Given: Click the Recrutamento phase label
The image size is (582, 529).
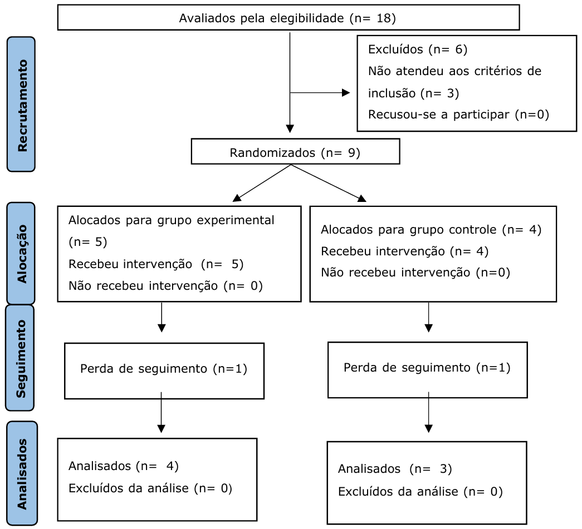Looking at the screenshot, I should tap(21, 103).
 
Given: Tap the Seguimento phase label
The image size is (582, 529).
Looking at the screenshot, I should tap(21, 358).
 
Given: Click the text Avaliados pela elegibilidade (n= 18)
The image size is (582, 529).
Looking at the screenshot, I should tap(287, 18).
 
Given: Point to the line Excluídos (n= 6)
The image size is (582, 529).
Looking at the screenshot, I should tap(417, 50).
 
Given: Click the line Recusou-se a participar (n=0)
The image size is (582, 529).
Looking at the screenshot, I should tap(458, 115).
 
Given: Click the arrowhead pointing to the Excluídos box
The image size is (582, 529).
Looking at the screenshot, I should tap(346, 93).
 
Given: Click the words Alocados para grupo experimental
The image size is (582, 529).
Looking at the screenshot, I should tap(171, 220).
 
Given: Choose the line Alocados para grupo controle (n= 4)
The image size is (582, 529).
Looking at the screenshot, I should tap(431, 229).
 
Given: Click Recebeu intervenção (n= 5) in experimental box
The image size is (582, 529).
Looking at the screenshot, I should tap(155, 264).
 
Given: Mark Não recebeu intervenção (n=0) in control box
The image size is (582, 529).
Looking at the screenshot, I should tap(415, 273).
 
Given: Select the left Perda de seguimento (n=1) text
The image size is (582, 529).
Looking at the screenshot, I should tap(164, 369).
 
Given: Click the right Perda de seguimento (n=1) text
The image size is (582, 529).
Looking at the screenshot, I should tap(427, 368).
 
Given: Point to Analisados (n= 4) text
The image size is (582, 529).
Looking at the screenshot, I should tap(123, 466).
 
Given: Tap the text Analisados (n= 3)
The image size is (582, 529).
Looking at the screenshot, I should tap(394, 469).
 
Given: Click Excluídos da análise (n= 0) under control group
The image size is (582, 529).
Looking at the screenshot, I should tap(420, 492).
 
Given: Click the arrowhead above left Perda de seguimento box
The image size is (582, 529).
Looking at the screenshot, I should tap(162, 328).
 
